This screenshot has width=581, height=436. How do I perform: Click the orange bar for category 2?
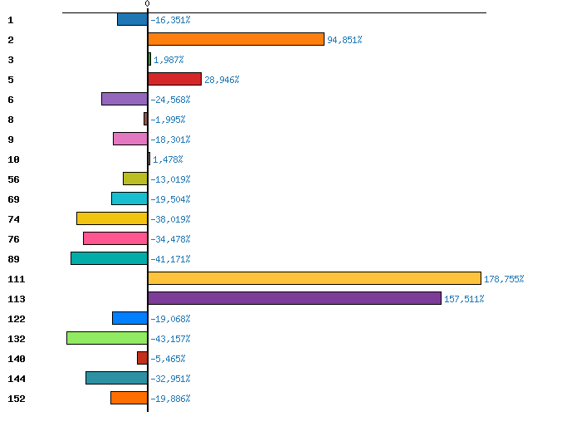point(236,39)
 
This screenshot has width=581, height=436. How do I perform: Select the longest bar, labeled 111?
point(314,278)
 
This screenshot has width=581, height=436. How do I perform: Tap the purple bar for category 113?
point(294,298)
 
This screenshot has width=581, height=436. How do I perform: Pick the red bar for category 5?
point(174,79)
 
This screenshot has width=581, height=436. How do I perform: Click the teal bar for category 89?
point(109,258)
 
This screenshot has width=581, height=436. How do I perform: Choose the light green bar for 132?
point(107,338)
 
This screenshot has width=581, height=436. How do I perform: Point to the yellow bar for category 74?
point(112,218)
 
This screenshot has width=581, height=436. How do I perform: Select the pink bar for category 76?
point(115,238)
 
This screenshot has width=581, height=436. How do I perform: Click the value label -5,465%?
point(168,359)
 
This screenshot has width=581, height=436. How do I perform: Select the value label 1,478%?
point(168,159)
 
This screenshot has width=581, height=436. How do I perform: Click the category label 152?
point(16,399)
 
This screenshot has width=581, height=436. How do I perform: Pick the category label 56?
point(13,179)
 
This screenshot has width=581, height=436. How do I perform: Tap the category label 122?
point(16,319)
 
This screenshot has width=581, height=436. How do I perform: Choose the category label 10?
point(13,159)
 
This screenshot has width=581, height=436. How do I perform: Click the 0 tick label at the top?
point(147,4)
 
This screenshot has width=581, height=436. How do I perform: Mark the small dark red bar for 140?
point(142,358)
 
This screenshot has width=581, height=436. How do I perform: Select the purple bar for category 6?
point(124,99)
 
